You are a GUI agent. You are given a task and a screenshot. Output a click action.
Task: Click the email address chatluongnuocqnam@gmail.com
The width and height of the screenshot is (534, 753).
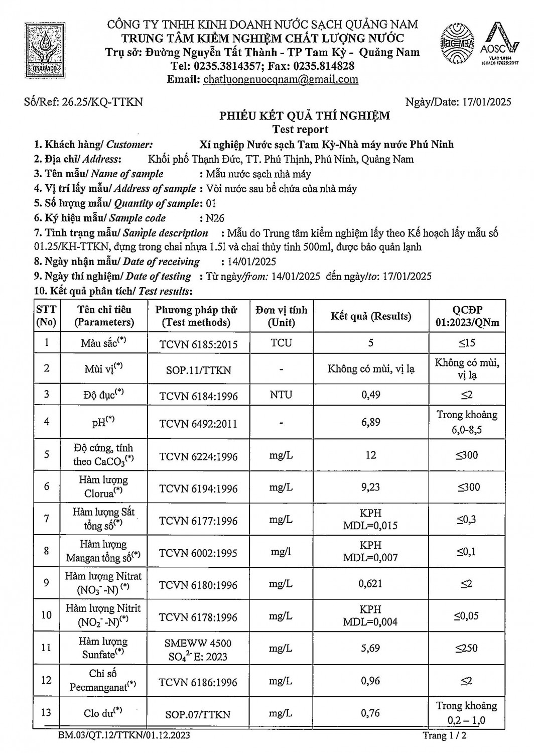281,79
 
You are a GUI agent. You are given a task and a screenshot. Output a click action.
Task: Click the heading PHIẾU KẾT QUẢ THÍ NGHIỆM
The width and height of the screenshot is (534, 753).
304,116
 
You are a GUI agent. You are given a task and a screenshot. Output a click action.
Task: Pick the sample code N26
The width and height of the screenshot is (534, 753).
215,218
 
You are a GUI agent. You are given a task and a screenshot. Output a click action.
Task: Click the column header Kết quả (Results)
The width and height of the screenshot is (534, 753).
371,316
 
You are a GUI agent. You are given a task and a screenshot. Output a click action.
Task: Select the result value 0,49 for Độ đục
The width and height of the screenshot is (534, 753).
371,395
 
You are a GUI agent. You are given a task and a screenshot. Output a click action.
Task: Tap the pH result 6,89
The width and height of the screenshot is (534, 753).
371,422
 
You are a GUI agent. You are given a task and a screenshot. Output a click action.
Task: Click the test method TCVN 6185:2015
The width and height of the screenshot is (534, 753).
198,344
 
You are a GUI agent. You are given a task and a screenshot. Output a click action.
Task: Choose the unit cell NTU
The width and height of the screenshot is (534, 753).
281,395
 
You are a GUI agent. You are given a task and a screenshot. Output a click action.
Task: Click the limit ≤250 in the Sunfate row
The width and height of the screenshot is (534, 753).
467,648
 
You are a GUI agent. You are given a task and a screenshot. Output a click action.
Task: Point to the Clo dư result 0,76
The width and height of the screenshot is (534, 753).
371,713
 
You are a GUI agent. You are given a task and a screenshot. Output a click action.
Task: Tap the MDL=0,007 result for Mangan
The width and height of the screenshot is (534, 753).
371,557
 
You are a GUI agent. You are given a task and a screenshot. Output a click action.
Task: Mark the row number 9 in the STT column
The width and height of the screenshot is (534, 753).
47,583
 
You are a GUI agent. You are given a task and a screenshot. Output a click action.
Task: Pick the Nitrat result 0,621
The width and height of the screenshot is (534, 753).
371,583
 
